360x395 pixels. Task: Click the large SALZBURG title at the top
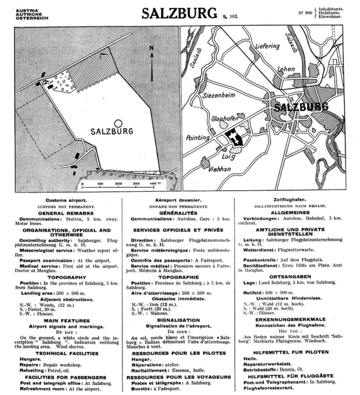coord(179,13)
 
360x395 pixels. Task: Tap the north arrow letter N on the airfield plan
coord(152,49)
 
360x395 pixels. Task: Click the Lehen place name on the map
coord(286,69)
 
